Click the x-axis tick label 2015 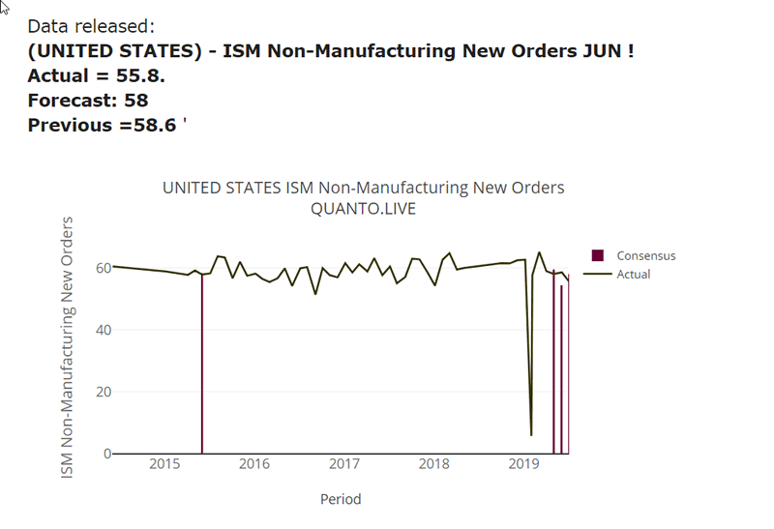point(164,465)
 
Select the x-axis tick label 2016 point(254,465)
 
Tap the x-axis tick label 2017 point(344,465)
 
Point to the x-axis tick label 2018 point(434,465)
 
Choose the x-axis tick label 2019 point(523,465)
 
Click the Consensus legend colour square point(598,255)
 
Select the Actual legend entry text point(634,275)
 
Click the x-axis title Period point(341,500)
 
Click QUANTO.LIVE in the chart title point(363,209)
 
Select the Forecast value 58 point(135,101)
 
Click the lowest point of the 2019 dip point(531,434)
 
